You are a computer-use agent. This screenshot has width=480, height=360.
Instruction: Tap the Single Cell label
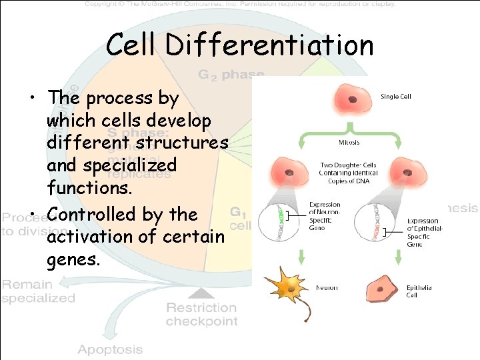coord(395,97)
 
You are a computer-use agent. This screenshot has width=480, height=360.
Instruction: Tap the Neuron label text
coord(327,288)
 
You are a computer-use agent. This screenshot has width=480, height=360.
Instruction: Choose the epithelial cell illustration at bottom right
coord(383,289)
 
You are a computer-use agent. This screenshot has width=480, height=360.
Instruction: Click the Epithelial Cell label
coord(419,291)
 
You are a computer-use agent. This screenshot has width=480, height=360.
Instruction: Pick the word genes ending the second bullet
coord(73,259)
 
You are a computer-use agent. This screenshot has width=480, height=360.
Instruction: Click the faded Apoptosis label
coord(110,349)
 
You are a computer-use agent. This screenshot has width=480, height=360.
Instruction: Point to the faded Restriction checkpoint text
coord(201,314)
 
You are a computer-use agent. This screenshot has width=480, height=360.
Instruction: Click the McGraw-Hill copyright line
coord(240,4)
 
